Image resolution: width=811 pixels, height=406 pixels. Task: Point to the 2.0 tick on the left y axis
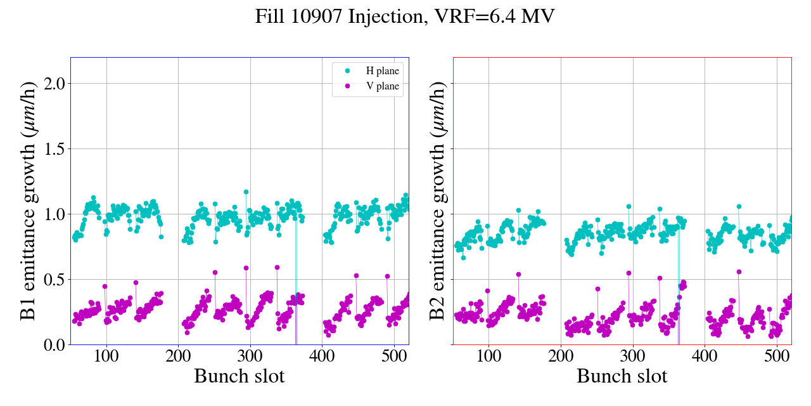pos(51,83)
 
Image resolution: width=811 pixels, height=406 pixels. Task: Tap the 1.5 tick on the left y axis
pos(51,148)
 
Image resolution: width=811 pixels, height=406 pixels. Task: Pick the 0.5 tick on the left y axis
pos(51,279)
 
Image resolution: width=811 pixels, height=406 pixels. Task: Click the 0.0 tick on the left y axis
pos(51,344)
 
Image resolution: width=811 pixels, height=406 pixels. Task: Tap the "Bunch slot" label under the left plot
pos(239,376)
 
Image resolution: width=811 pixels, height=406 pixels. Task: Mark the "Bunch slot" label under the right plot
pos(622,376)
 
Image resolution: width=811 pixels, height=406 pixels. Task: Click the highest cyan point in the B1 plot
pos(246,192)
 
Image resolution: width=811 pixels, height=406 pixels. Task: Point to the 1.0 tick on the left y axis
pos(51,214)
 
